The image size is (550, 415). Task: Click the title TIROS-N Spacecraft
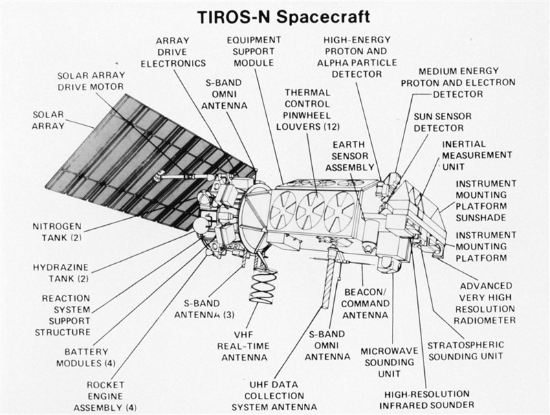coord(283,17)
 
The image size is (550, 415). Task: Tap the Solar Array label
coord(48,120)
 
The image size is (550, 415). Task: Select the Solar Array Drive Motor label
coord(91,81)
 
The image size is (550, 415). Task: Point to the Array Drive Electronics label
coord(173,52)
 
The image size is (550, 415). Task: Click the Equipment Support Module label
coord(254,51)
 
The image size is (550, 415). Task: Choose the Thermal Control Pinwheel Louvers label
coord(307,110)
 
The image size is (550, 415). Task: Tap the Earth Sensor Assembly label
coord(349,156)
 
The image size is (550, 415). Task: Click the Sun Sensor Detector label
coord(442,122)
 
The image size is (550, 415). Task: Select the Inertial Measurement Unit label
coord(476,155)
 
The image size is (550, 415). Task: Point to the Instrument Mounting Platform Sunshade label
coord(486,201)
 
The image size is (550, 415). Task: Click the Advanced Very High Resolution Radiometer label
coord(485,303)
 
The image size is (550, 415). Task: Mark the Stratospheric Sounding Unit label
coord(465,351)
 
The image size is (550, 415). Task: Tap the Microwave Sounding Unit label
coord(389,362)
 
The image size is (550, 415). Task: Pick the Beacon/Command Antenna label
coord(365,304)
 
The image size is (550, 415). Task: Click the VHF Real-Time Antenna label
coord(243,346)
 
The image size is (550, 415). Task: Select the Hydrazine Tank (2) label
coord(60,273)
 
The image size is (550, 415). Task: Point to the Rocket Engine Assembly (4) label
coord(105,396)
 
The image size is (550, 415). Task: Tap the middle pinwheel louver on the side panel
coord(311,211)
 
